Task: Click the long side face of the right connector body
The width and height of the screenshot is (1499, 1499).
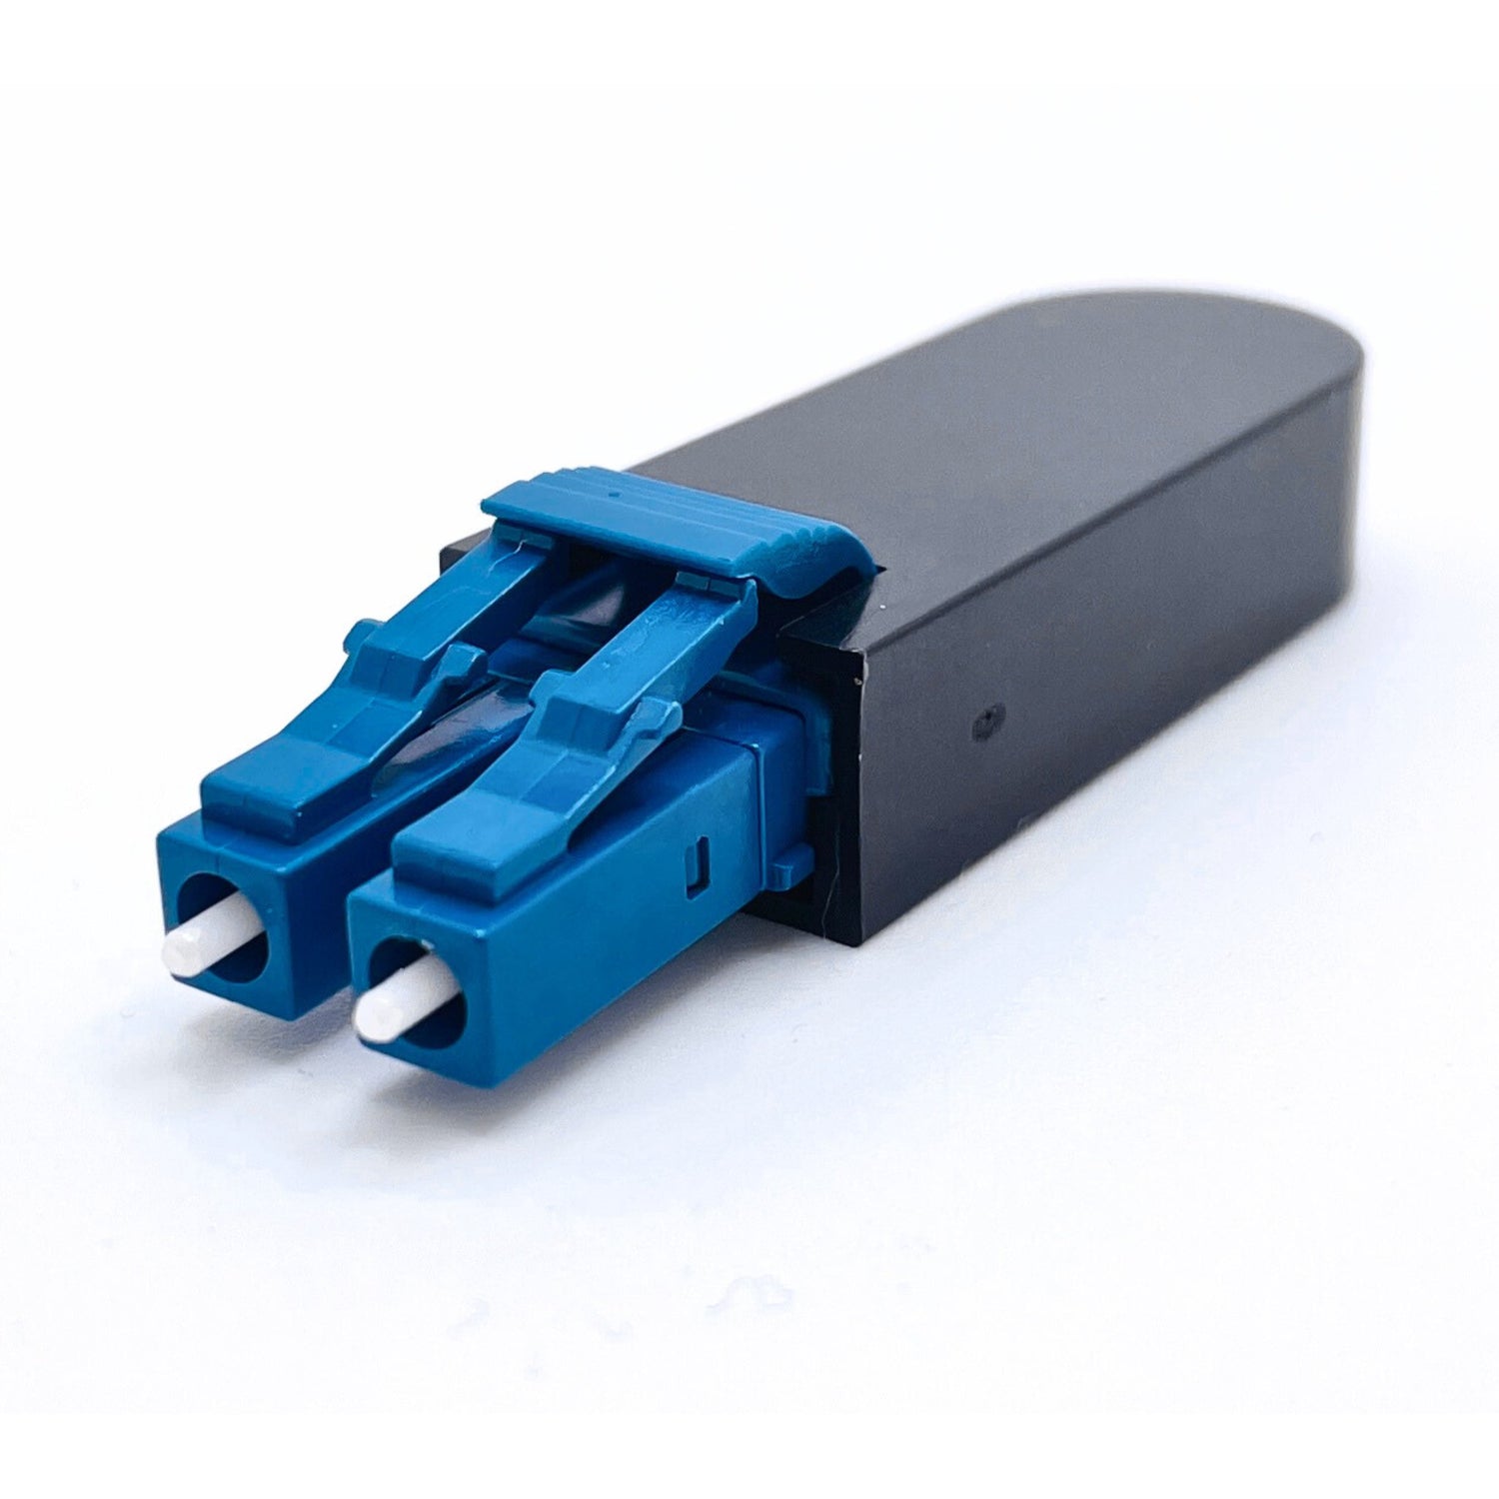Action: (600, 949)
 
